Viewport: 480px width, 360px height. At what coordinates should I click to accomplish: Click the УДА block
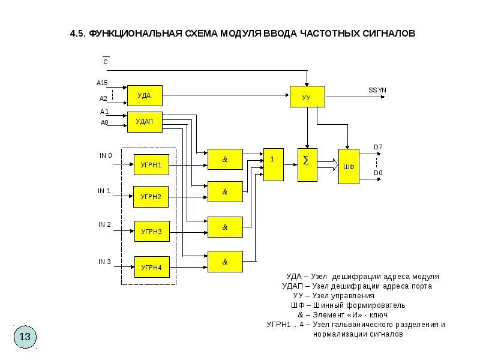145,95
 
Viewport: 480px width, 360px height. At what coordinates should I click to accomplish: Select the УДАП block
145,122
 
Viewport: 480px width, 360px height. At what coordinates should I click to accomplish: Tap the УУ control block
307,96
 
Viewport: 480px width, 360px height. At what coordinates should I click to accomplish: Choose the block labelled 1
273,164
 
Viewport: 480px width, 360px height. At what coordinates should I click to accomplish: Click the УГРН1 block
151,164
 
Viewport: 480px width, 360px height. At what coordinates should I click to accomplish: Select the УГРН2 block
151,197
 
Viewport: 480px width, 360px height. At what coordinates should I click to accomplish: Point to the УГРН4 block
151,266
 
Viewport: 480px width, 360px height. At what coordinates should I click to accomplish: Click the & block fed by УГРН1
225,160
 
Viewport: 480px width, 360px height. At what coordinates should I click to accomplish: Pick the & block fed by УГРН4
225,262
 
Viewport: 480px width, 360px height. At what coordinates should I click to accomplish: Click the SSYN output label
377,90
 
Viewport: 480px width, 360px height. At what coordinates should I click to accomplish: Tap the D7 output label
378,147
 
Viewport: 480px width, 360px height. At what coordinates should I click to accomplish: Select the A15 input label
102,82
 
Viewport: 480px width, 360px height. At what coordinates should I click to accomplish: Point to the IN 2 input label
105,224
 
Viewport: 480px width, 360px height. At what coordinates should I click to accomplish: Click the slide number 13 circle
25,336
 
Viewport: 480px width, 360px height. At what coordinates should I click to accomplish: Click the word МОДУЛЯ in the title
233,34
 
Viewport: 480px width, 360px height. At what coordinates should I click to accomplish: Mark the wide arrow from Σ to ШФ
327,164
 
